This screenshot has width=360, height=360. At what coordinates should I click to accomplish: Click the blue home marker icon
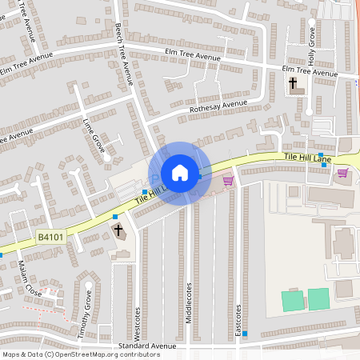(180, 172)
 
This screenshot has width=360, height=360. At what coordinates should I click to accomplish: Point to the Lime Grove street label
(94, 133)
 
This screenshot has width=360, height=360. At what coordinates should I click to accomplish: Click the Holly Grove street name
(312, 46)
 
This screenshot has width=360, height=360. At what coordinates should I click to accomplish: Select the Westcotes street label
(138, 320)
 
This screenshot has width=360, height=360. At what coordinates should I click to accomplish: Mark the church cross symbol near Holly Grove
(293, 82)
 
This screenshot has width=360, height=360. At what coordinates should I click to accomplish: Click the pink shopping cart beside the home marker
(228, 181)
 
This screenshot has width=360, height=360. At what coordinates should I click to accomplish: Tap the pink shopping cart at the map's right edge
(342, 173)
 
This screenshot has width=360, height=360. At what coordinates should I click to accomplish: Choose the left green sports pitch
(293, 300)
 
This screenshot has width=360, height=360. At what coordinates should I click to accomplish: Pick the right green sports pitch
(318, 298)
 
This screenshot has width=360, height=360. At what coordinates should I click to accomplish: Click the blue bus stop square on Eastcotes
(245, 333)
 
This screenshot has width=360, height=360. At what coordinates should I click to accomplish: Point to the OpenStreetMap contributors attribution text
(80, 354)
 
